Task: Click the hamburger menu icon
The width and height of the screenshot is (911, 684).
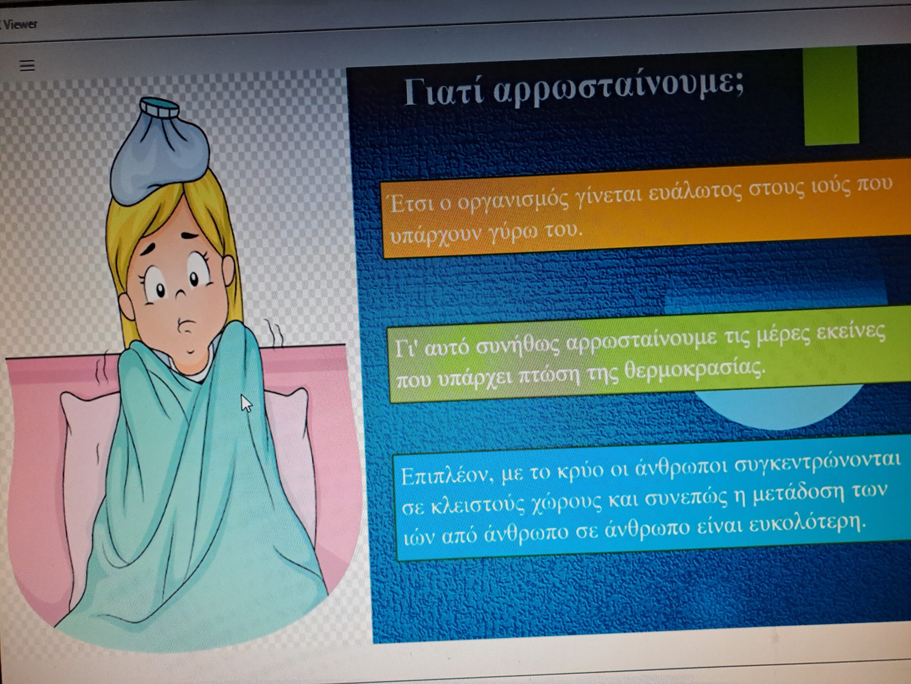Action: [27, 66]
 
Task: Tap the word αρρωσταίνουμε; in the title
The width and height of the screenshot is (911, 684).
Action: [618, 89]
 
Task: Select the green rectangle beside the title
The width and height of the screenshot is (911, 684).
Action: [831, 95]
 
